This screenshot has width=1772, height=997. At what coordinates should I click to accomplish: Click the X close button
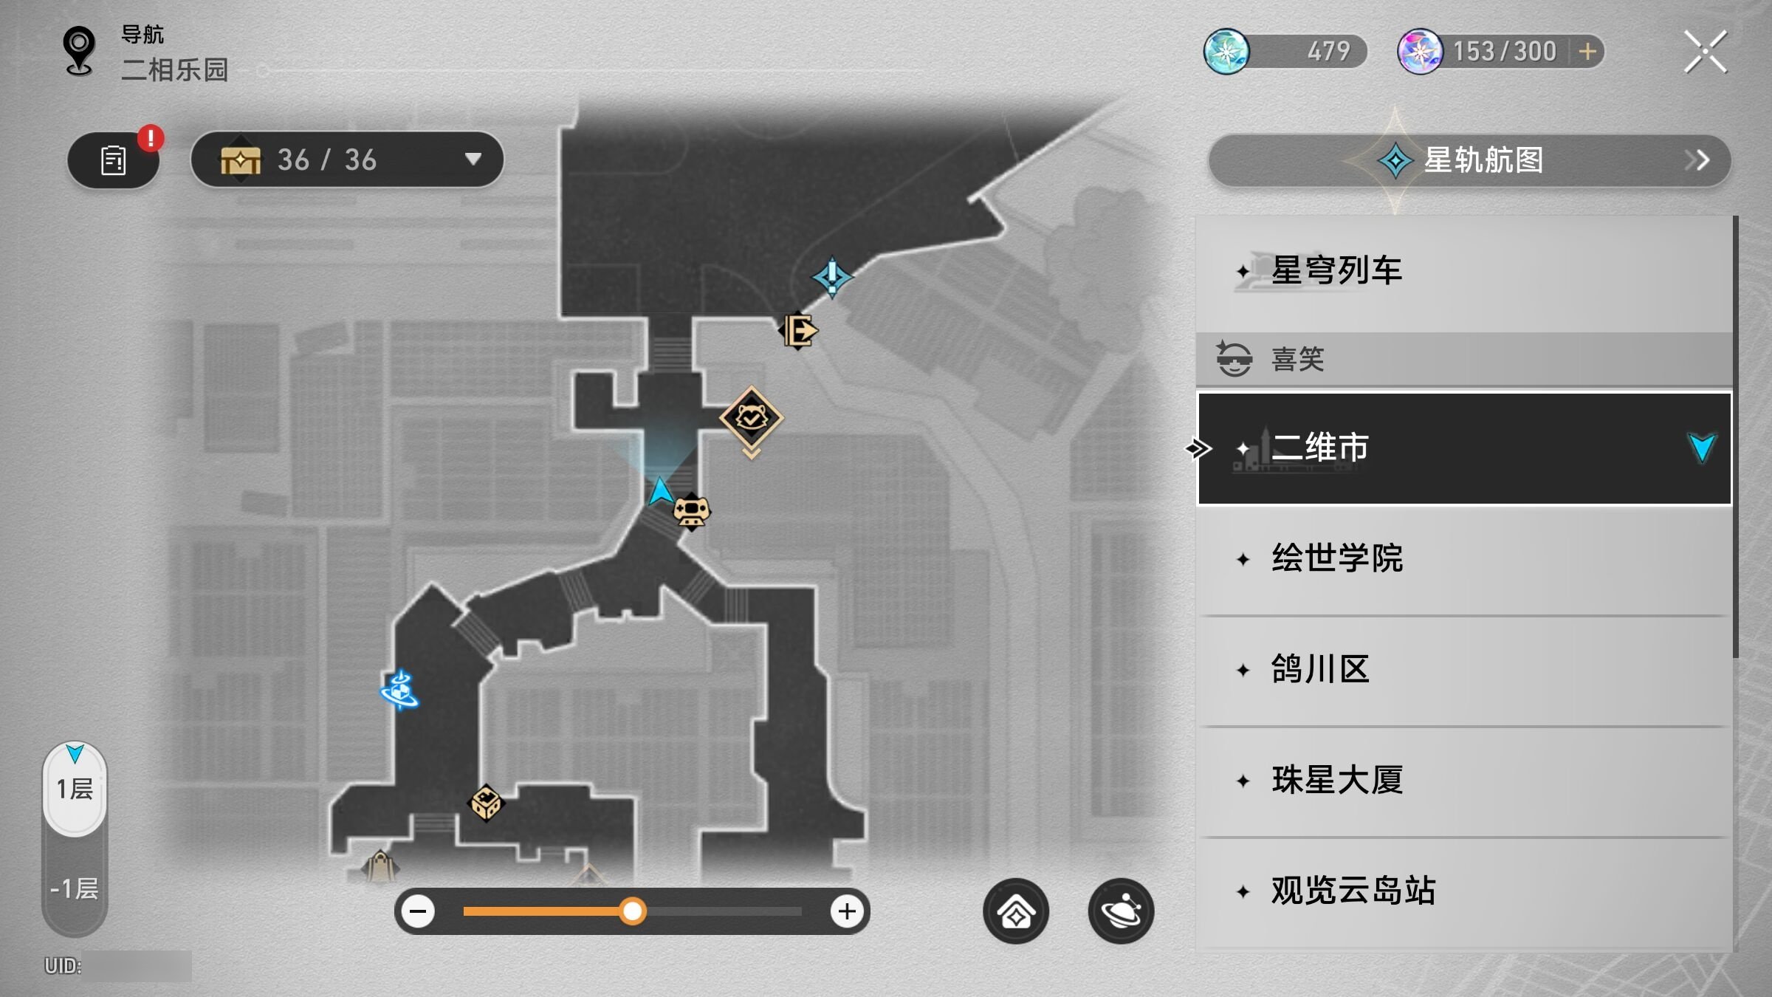(1706, 52)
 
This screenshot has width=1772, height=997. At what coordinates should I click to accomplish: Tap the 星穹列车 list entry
(1463, 271)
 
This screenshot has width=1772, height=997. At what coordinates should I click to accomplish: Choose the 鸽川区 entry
(1463, 670)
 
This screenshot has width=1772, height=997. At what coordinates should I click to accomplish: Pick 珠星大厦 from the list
(1463, 781)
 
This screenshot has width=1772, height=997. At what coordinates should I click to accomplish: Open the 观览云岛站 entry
(1463, 891)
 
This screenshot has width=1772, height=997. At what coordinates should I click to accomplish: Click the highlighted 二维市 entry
(1463, 448)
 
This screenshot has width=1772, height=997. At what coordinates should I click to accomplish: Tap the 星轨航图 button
(1469, 160)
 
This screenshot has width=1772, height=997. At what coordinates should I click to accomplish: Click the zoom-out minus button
(418, 911)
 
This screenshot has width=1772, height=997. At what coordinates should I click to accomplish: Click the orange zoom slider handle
(632, 911)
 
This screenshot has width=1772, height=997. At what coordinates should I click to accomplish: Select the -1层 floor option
(75, 888)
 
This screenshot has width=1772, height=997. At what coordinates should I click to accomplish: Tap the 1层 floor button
(75, 789)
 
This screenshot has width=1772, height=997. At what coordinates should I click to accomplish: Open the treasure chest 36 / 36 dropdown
(347, 160)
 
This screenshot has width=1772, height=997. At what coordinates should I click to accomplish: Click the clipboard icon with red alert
(114, 160)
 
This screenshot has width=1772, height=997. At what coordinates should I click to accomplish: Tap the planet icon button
(1121, 911)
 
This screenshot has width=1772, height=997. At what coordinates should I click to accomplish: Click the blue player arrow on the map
(660, 491)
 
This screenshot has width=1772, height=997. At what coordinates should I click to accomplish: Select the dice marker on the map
(486, 803)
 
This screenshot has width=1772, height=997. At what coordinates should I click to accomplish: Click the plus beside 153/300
(1587, 52)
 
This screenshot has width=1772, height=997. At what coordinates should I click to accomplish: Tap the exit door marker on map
(798, 330)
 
